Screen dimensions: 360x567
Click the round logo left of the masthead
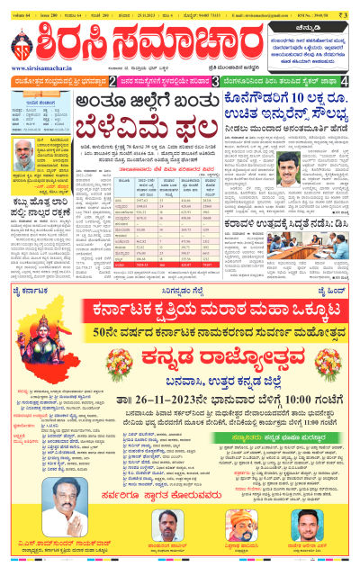(20, 46)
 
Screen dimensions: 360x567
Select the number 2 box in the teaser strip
(112, 81)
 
